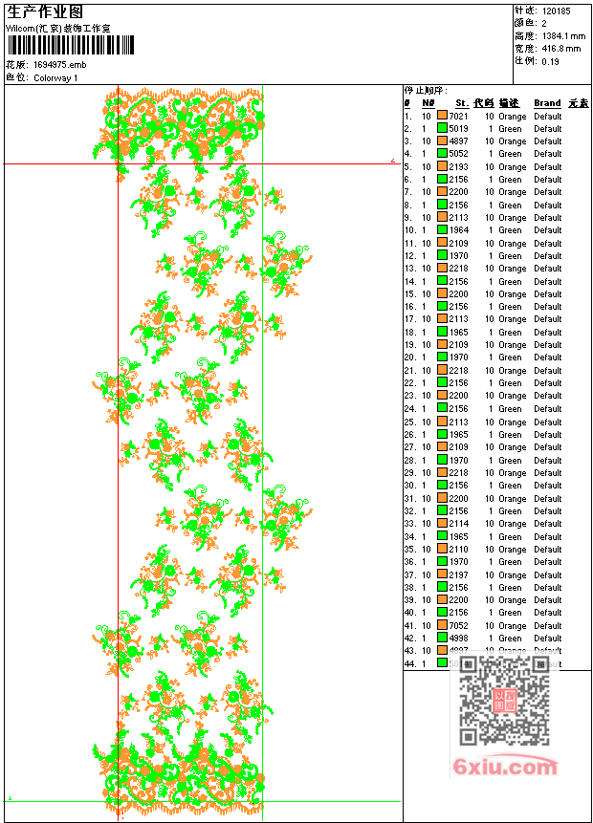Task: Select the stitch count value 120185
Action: click(556, 11)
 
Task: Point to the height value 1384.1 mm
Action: click(562, 35)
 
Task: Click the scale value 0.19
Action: click(550, 60)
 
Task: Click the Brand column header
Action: click(547, 103)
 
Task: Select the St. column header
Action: click(461, 103)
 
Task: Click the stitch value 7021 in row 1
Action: click(458, 116)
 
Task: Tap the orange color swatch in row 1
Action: click(442, 116)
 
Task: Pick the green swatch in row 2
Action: click(442, 128)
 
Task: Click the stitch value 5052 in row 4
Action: click(458, 154)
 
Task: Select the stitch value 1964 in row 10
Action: click(458, 230)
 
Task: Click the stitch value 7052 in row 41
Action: click(458, 625)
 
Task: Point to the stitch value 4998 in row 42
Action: click(458, 639)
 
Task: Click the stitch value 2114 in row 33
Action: click(458, 524)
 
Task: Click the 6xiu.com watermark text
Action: click(505, 767)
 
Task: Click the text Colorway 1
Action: click(55, 77)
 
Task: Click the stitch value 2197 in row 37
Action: click(458, 574)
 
